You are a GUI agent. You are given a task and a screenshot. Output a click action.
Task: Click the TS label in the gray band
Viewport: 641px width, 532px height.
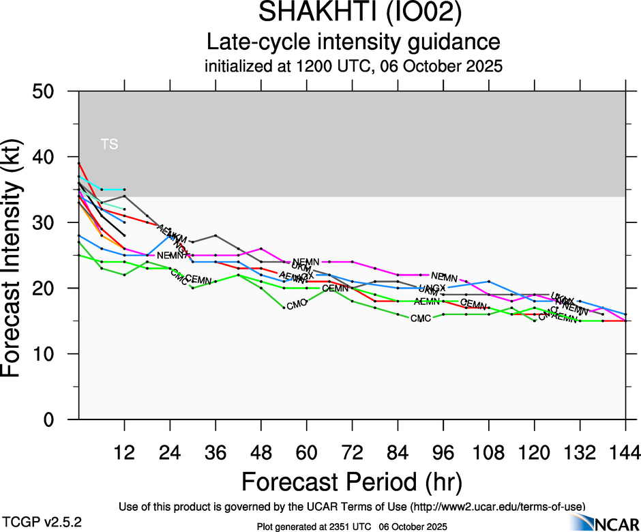coord(109,144)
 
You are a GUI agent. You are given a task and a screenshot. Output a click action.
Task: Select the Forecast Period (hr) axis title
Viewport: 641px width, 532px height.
coord(351,482)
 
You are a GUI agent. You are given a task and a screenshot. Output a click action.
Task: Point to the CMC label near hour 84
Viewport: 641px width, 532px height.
coord(421,319)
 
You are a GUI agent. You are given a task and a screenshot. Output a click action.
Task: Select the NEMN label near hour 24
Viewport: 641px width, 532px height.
coord(170,256)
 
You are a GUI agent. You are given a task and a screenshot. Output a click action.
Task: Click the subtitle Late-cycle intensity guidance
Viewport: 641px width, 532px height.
coord(353,42)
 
